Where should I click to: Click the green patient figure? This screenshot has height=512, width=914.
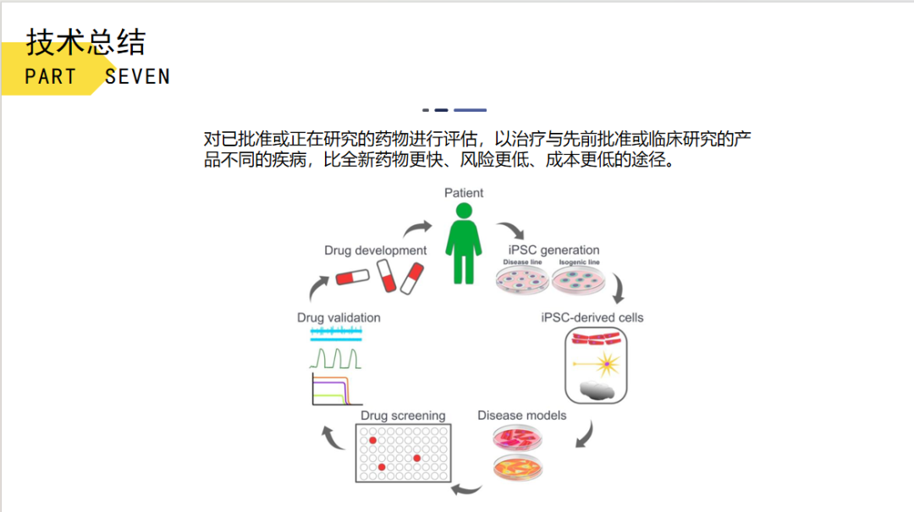[463, 242]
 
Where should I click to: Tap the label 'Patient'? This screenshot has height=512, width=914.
[464, 193]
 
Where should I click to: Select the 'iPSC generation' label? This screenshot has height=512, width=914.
[553, 250]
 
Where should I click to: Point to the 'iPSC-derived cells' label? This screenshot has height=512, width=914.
[592, 317]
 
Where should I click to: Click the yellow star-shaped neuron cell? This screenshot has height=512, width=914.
[608, 365]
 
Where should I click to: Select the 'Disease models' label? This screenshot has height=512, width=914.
[521, 416]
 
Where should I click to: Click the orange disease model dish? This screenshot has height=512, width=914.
[518, 466]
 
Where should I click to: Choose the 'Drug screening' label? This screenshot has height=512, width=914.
[403, 416]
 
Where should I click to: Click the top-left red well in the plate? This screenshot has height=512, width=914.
[372, 440]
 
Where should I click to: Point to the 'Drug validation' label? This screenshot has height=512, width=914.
[339, 317]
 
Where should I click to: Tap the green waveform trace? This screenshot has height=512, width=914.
[336, 359]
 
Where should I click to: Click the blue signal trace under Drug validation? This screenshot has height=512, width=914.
[336, 337]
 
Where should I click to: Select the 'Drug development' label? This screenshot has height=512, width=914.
[375, 250]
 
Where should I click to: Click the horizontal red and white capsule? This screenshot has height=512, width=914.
[353, 278]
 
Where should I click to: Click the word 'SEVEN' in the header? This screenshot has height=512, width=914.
[138, 76]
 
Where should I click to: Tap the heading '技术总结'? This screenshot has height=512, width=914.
[85, 41]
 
